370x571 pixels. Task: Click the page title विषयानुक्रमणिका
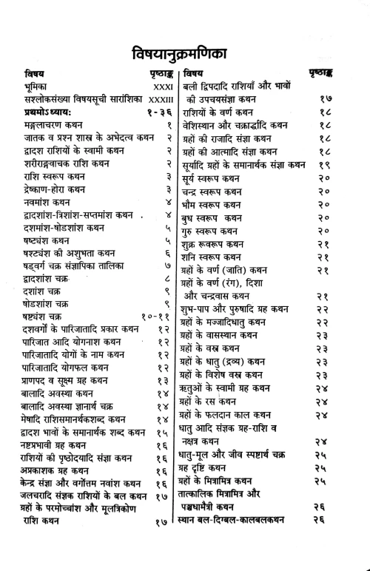click(185, 53)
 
